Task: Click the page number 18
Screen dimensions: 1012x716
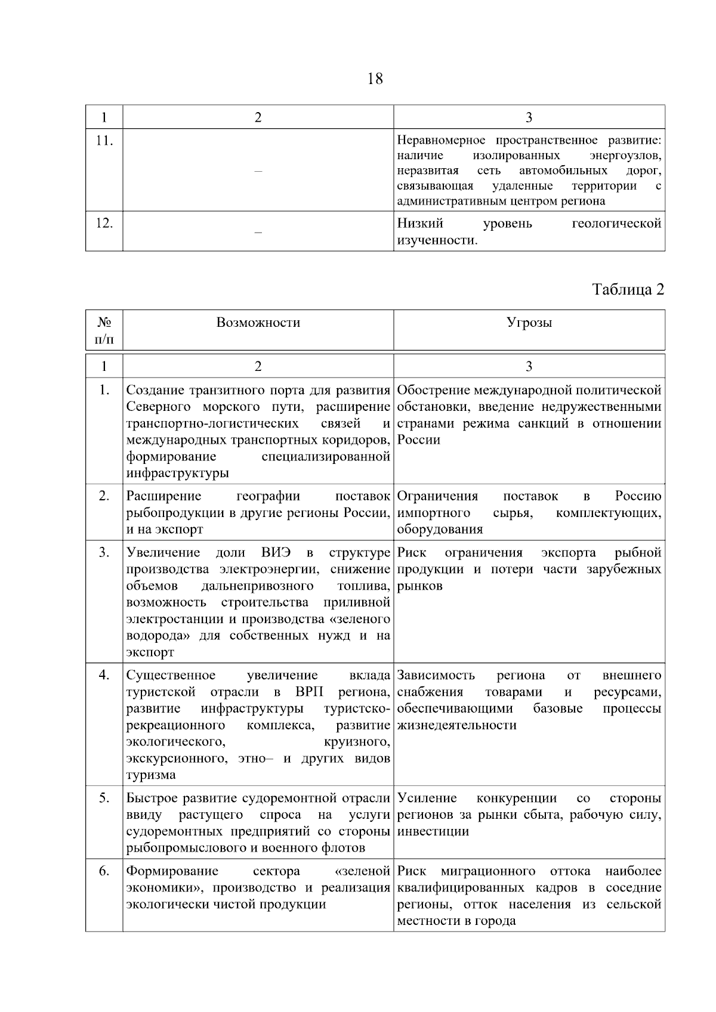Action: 375,79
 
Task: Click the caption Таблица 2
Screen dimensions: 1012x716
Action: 628,289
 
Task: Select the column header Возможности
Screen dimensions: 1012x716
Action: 258,323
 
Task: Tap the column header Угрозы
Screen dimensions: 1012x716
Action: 529,323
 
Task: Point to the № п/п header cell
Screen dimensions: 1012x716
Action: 104,330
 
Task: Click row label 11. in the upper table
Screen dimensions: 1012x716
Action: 104,141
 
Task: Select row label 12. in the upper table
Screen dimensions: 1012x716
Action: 104,223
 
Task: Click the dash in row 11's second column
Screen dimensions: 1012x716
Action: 258,172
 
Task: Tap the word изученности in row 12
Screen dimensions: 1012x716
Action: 436,240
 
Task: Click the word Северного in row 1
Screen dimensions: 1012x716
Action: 159,407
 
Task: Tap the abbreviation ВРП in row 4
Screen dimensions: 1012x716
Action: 308,692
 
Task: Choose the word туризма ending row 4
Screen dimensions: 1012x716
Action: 150,775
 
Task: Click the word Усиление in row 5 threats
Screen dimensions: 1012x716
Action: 427,798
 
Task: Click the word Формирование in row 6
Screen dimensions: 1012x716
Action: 172,871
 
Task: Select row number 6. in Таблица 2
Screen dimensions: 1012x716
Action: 104,871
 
